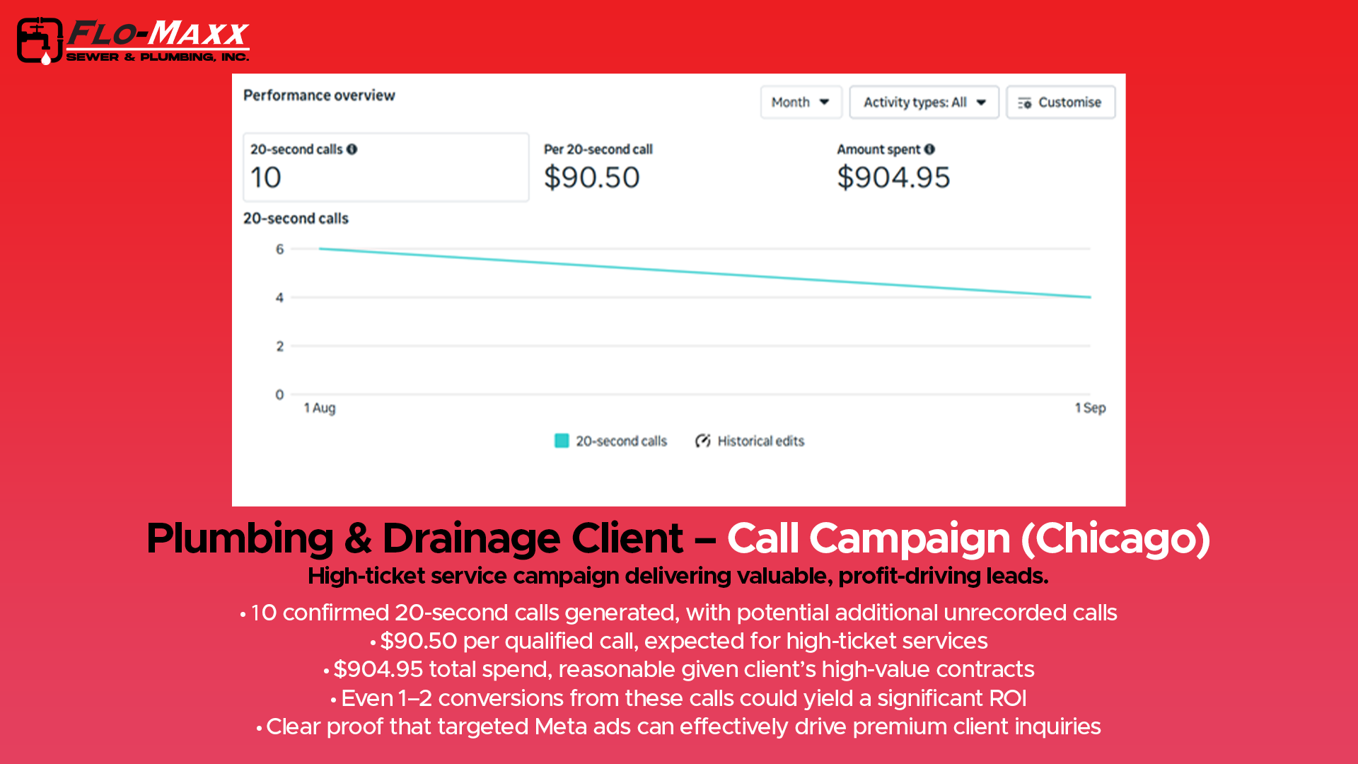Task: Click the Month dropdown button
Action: click(801, 103)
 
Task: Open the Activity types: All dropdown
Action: click(924, 103)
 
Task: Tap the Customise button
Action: click(1060, 103)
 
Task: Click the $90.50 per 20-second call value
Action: click(591, 178)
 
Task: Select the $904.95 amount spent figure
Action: click(893, 178)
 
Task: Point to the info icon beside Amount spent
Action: click(929, 149)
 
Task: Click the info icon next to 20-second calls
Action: click(352, 149)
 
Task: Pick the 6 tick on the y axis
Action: click(280, 249)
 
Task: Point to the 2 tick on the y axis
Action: click(280, 346)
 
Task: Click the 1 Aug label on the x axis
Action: click(320, 408)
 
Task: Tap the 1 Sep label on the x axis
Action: click(1090, 408)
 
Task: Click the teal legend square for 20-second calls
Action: click(562, 441)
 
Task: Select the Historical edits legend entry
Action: click(750, 441)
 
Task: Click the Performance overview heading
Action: click(319, 95)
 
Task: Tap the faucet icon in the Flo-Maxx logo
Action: click(39, 41)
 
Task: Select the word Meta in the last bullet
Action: click(560, 727)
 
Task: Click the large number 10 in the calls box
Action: click(266, 178)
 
